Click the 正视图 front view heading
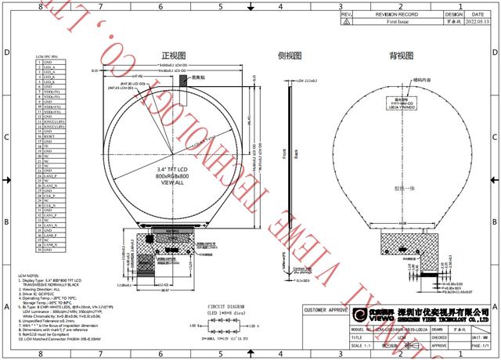pyautogui.click(x=174, y=56)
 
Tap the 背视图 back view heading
pyautogui.click(x=402, y=56)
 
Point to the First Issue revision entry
pyautogui.click(x=392, y=23)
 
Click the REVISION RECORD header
pyautogui.click(x=392, y=14)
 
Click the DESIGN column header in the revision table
pyautogui.click(x=453, y=14)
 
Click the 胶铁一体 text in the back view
pyautogui.click(x=404, y=189)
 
